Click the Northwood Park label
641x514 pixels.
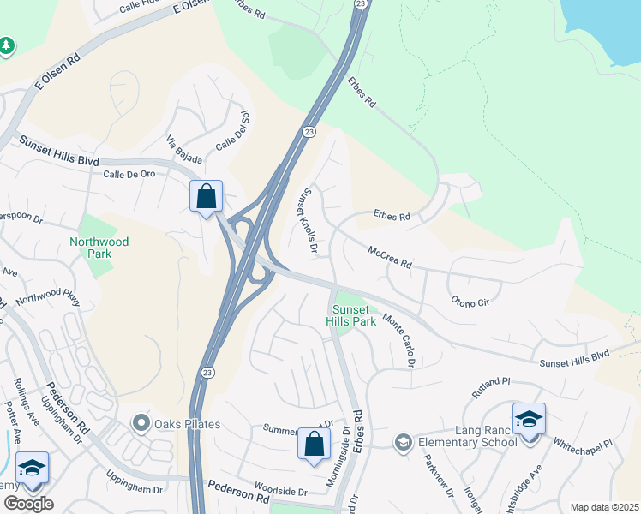[99, 248]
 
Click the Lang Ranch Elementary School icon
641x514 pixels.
[403, 443]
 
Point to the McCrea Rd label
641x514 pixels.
[390, 258]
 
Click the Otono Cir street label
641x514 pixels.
[470, 301]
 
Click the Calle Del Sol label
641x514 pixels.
[231, 131]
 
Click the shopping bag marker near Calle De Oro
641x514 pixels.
[206, 197]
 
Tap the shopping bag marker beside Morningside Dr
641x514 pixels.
[314, 444]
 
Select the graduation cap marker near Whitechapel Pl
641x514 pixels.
[529, 420]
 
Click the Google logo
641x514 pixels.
[27, 504]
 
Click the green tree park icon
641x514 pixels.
[7, 45]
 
